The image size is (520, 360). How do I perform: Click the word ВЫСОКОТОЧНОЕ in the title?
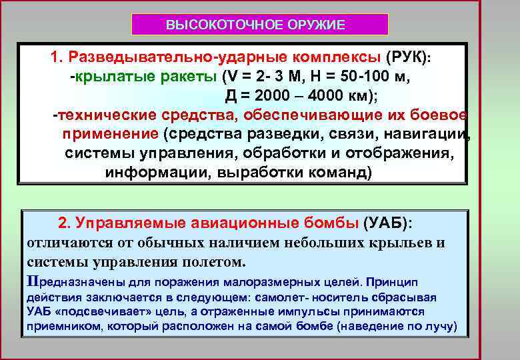[224, 25]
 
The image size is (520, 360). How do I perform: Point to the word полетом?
[214, 260]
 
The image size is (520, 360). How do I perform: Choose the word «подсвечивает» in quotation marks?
[88, 312]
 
